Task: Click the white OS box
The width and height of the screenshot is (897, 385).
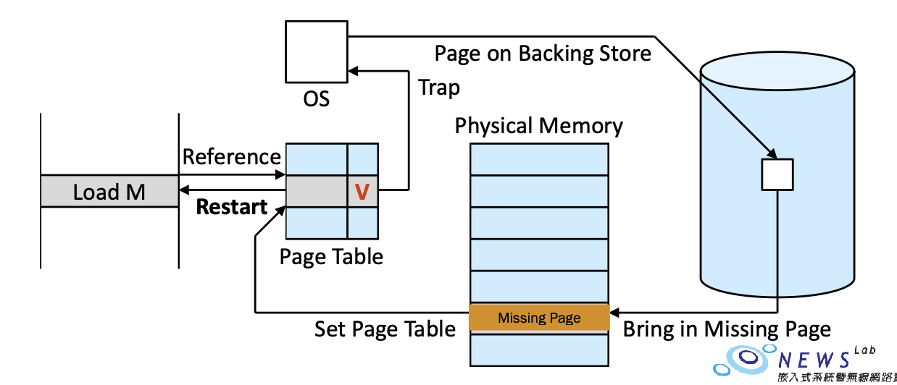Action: click(x=316, y=51)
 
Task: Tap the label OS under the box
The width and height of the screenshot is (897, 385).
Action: click(x=316, y=98)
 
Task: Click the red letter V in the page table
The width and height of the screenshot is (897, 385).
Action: click(x=362, y=192)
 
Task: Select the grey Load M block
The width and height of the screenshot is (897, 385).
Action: click(x=109, y=192)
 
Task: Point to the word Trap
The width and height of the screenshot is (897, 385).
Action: click(x=439, y=88)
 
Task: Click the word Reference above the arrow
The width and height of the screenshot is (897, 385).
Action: click(x=231, y=157)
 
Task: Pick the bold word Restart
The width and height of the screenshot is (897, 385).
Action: click(x=232, y=207)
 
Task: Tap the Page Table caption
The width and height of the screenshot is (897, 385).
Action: click(x=331, y=256)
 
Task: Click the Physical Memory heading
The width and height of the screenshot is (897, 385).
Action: click(x=538, y=126)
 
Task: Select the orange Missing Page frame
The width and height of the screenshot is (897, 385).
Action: click(x=539, y=318)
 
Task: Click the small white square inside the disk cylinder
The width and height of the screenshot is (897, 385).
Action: click(x=777, y=174)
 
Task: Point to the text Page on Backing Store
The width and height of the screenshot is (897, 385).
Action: click(x=542, y=53)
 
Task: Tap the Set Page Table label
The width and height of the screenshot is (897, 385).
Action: click(x=385, y=330)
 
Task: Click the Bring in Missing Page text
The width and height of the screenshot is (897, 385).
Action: click(x=727, y=330)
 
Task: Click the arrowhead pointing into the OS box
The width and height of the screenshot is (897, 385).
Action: click(x=353, y=71)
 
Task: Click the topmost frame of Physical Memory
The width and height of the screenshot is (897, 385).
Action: click(x=539, y=159)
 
